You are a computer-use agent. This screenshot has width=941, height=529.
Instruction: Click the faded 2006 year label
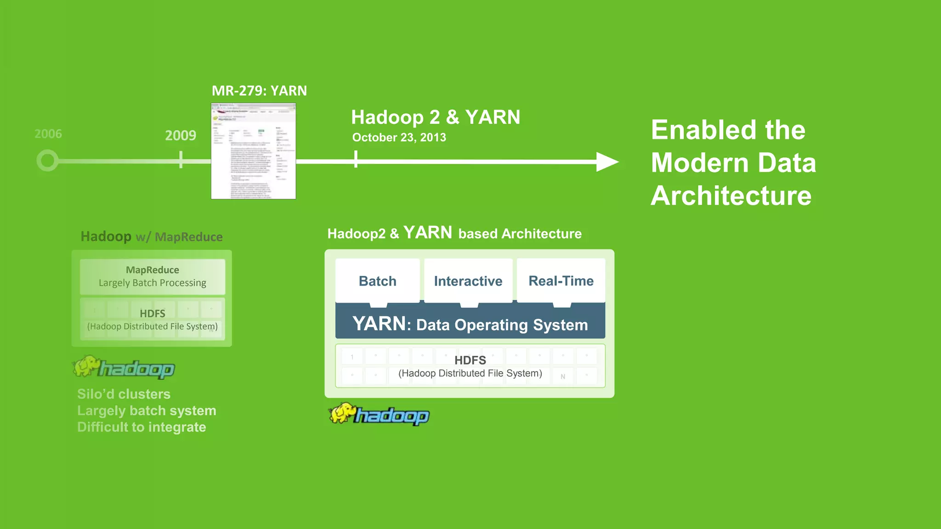pyautogui.click(x=48, y=134)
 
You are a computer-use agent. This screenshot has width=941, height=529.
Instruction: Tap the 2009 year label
pyautogui.click(x=181, y=135)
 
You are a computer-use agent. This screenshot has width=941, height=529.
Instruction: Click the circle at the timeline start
pyautogui.click(x=47, y=161)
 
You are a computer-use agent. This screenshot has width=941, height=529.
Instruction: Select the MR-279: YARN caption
pyautogui.click(x=259, y=91)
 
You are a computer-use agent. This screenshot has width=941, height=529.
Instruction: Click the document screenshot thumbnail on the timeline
pyautogui.click(x=253, y=151)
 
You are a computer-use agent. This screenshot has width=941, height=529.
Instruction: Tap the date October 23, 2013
pyautogui.click(x=399, y=137)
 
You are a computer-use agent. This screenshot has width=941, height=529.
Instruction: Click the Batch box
pyautogui.click(x=377, y=281)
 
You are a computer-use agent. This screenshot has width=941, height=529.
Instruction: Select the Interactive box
pyautogui.click(x=468, y=281)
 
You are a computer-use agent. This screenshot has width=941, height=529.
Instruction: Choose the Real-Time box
pyautogui.click(x=561, y=281)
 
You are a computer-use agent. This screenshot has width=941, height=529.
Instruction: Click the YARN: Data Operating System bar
pyautogui.click(x=470, y=324)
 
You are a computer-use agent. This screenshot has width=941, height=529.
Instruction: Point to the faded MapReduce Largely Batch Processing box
pyautogui.click(x=153, y=276)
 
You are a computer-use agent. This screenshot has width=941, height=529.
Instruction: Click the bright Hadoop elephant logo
pyautogui.click(x=379, y=414)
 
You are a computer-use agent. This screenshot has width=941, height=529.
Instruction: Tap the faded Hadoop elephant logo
pyautogui.click(x=124, y=367)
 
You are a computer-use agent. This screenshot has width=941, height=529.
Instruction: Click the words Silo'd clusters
pyautogui.click(x=124, y=394)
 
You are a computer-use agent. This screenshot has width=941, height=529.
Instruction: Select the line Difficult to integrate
pyautogui.click(x=142, y=427)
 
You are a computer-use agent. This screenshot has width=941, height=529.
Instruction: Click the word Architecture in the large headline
pyautogui.click(x=731, y=196)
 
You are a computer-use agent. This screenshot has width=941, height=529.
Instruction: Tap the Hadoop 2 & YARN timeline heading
pyautogui.click(x=435, y=117)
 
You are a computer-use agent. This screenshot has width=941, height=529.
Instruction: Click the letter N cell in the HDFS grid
pyautogui.click(x=563, y=377)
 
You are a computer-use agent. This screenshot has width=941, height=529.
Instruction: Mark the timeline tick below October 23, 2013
pyautogui.click(x=356, y=160)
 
